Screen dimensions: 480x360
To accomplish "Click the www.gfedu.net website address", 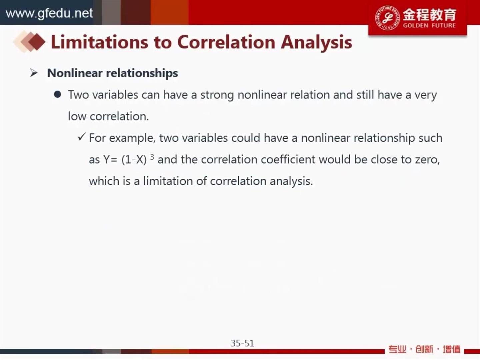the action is [49, 13].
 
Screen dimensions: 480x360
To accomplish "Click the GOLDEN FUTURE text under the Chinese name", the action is [429, 26].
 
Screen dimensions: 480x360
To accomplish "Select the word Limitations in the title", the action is [100, 42].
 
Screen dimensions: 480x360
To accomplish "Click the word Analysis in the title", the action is [316, 43].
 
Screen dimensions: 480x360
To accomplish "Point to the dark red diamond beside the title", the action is [37, 42].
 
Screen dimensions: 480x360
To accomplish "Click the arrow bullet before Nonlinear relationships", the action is [34, 73].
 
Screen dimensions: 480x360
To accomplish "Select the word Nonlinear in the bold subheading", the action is [75, 73].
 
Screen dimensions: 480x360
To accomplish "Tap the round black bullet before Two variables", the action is [58, 94].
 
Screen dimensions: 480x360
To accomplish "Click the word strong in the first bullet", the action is [217, 95].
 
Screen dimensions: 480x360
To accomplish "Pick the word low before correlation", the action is [77, 116].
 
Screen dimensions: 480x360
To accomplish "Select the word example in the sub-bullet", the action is [132, 138].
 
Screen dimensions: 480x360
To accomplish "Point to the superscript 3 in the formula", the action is [152, 157].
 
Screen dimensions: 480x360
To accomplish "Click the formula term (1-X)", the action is [134, 160].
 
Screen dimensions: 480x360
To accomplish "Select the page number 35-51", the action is [243, 343].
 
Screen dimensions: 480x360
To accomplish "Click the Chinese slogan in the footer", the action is [424, 349].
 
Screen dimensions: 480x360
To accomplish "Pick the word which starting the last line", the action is [104, 181].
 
